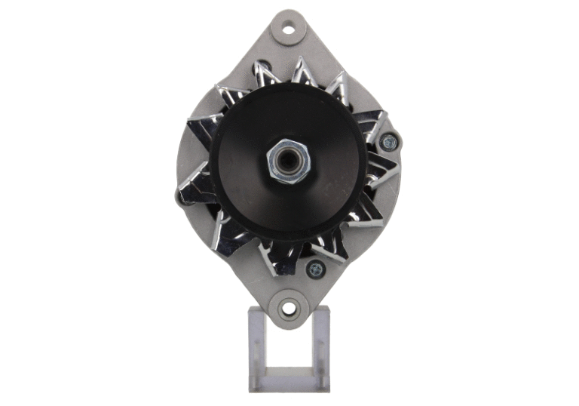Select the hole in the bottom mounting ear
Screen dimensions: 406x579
pyautogui.click(x=288, y=308)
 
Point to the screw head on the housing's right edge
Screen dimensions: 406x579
pyautogui.click(x=389, y=140)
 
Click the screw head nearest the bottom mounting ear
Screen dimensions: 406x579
pyautogui.click(x=314, y=267)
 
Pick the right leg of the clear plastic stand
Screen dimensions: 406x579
pyautogui.click(x=320, y=347)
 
